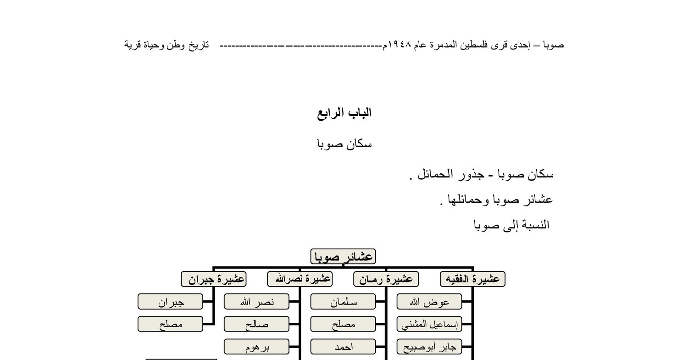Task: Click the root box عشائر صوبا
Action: pyautogui.click(x=343, y=257)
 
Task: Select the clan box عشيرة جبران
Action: pyautogui.click(x=214, y=279)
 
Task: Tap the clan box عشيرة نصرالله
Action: pyautogui.click(x=300, y=279)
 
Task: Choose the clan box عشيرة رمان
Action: pyautogui.click(x=386, y=279)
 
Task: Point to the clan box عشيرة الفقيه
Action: pyautogui.click(x=472, y=279)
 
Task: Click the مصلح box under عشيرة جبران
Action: pyautogui.click(x=170, y=324)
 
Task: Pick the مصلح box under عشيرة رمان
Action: pyautogui.click(x=343, y=324)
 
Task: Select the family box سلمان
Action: pyautogui.click(x=343, y=302)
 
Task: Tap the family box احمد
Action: pyautogui.click(x=343, y=347)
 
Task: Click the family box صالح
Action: pyautogui.click(x=256, y=324)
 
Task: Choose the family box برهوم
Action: pyautogui.click(x=256, y=347)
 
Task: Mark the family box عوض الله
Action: pyautogui.click(x=429, y=302)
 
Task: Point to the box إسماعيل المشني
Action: pyautogui.click(x=429, y=324)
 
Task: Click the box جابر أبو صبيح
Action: pyautogui.click(x=429, y=347)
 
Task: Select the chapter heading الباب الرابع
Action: pyautogui.click(x=344, y=113)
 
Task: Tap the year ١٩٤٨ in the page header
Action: pyautogui.click(x=399, y=45)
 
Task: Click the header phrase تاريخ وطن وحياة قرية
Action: pyautogui.click(x=166, y=45)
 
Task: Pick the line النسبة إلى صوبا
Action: pyautogui.click(x=511, y=225)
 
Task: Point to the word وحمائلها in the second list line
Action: pyautogui.click(x=465, y=200)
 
